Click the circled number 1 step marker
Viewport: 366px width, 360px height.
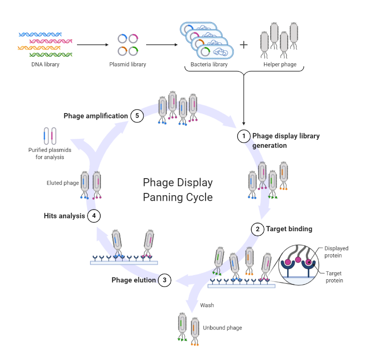coord(243,136)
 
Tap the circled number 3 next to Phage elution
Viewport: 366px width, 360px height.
coord(165,280)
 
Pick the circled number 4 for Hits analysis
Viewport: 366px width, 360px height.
coord(94,216)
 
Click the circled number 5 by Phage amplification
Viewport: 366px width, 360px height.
coord(137,116)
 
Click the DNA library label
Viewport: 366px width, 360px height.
coord(45,64)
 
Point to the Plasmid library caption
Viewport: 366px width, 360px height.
coord(128,64)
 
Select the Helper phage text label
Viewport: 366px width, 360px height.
coord(280,64)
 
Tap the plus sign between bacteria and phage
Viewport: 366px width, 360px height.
coord(243,45)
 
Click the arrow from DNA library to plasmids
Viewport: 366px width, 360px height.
coord(92,45)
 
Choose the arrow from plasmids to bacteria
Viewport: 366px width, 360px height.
coord(162,45)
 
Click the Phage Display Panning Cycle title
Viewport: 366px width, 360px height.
coord(177,190)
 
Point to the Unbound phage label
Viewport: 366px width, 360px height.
coord(222,328)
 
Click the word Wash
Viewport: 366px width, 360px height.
coord(207,305)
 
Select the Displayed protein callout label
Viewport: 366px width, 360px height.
coord(336,252)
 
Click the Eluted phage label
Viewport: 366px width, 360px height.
coord(63,183)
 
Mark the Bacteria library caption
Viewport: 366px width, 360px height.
coord(209,64)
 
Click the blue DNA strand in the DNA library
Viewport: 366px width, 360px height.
coord(41,35)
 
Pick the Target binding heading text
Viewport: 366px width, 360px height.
coord(289,229)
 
